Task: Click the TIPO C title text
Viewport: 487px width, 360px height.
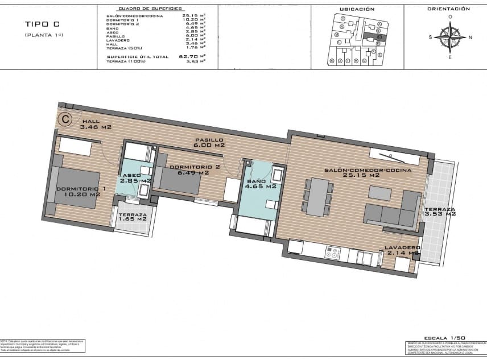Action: [42, 24]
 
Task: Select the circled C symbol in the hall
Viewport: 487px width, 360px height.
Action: [66, 119]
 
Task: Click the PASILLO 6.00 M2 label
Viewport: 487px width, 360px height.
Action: [209, 142]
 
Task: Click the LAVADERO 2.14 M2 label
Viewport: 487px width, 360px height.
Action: [402, 250]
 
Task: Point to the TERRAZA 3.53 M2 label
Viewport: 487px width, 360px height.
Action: [440, 212]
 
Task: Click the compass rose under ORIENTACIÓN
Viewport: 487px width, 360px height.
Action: [450, 38]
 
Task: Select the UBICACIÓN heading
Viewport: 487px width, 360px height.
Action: [357, 9]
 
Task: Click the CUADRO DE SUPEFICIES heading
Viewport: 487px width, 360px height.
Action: [150, 9]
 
